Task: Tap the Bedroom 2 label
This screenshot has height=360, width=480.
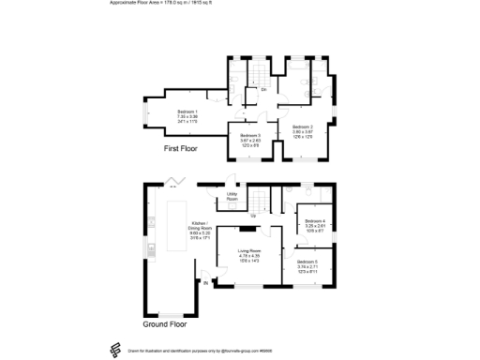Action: (301, 127)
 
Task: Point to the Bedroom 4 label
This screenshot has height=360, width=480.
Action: (315, 220)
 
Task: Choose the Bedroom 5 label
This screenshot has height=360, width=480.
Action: (308, 262)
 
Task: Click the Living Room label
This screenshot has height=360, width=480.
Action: (248, 251)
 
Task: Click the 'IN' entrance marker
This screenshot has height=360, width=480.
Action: (206, 281)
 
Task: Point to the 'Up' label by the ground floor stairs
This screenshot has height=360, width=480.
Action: (277, 216)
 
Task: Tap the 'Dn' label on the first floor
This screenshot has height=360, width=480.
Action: (263, 91)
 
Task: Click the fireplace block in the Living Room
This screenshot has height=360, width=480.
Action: (247, 227)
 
